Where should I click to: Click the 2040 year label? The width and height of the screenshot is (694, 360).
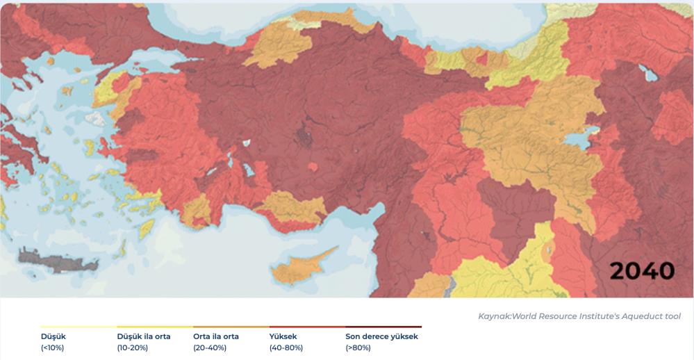642,271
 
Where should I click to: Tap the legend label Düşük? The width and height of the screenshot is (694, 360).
53,336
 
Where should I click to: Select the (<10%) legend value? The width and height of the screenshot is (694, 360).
53,347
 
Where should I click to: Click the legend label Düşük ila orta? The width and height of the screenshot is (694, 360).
143,336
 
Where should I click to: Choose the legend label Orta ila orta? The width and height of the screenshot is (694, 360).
215,336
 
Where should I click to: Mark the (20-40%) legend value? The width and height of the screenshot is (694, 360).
209,347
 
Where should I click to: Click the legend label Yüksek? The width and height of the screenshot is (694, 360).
283,336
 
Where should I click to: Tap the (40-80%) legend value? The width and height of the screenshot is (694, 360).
286,347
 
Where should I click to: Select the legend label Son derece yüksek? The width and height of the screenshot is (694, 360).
381,336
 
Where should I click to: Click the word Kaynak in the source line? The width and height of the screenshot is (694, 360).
494,316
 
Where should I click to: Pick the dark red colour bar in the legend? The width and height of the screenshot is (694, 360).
383,327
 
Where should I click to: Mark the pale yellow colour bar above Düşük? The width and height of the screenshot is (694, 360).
78,327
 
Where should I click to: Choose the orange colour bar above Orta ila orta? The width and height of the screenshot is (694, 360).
231,327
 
